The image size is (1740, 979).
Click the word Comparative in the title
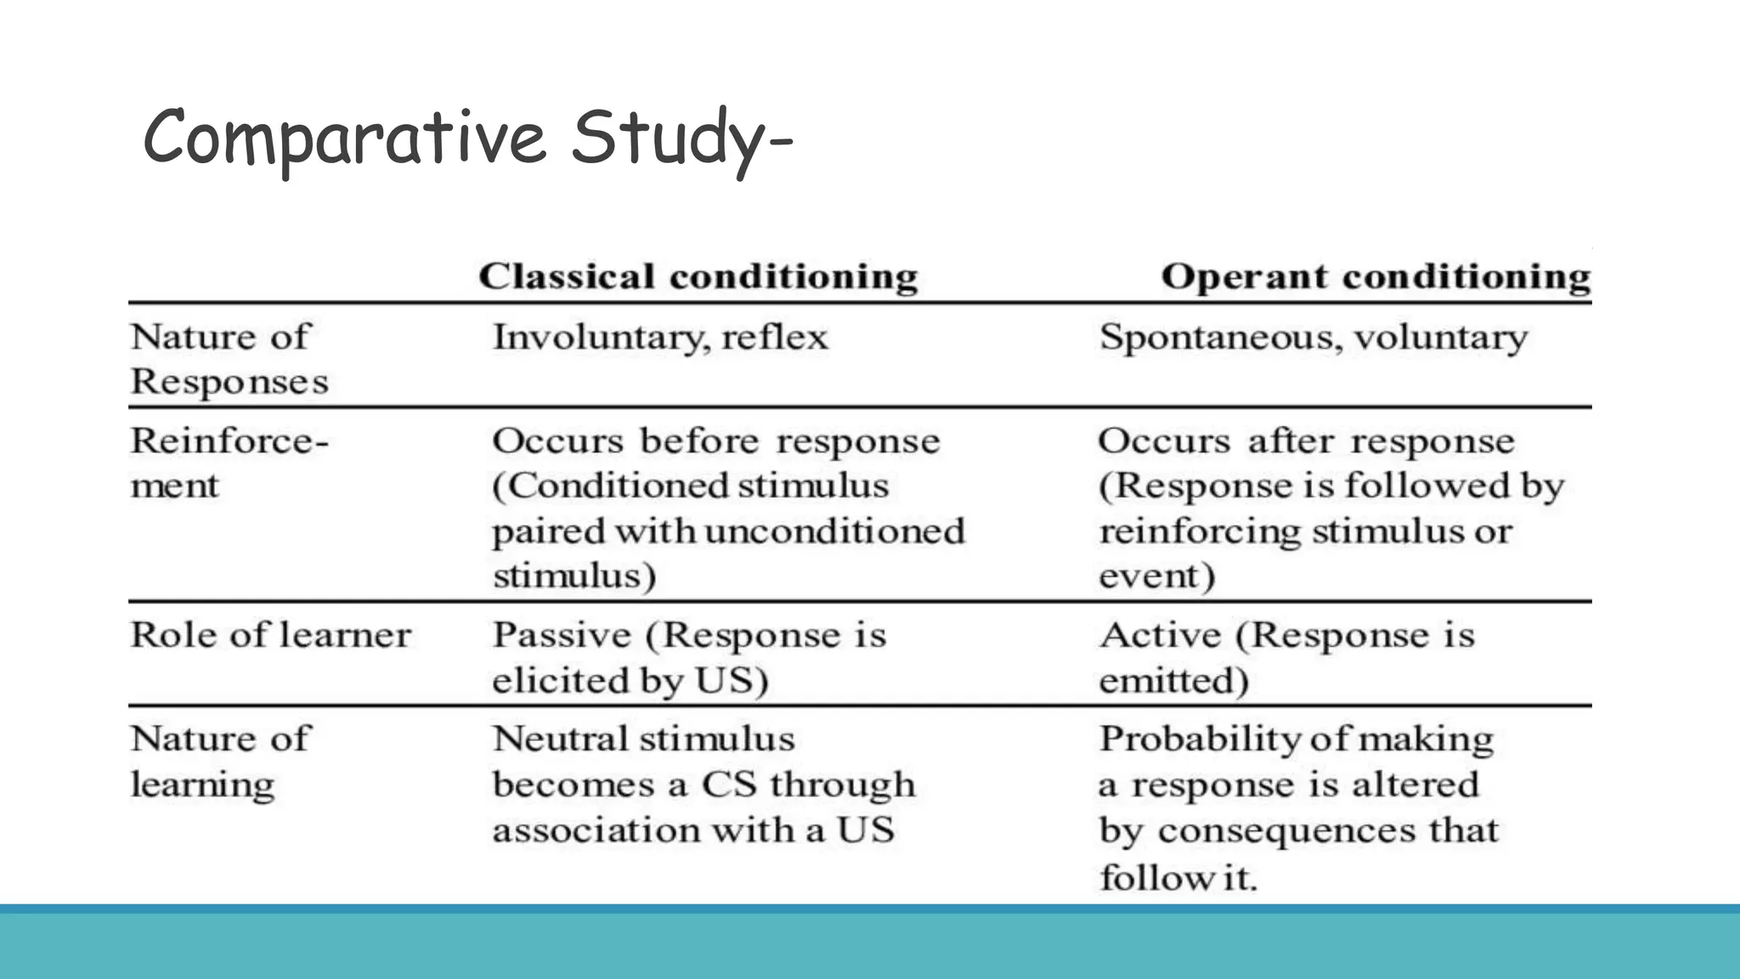tap(344, 138)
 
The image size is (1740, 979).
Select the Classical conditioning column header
tap(698, 276)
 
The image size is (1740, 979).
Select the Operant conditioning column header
tap(1376, 276)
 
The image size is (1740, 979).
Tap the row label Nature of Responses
tap(228, 359)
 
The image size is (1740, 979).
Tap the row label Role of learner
tap(270, 635)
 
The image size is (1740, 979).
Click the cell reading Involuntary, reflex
tap(659, 337)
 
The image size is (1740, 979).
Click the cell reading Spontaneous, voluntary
tap(1313, 337)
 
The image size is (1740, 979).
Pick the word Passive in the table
tap(562, 635)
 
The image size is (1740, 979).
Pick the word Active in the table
tap(1160, 635)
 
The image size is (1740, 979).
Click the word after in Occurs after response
tap(1290, 441)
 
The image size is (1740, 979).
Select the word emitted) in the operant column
tap(1173, 681)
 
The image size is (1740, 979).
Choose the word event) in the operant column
tap(1156, 576)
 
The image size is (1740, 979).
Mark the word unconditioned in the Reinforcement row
tap(834, 531)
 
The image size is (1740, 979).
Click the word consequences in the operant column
tap(1286, 830)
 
